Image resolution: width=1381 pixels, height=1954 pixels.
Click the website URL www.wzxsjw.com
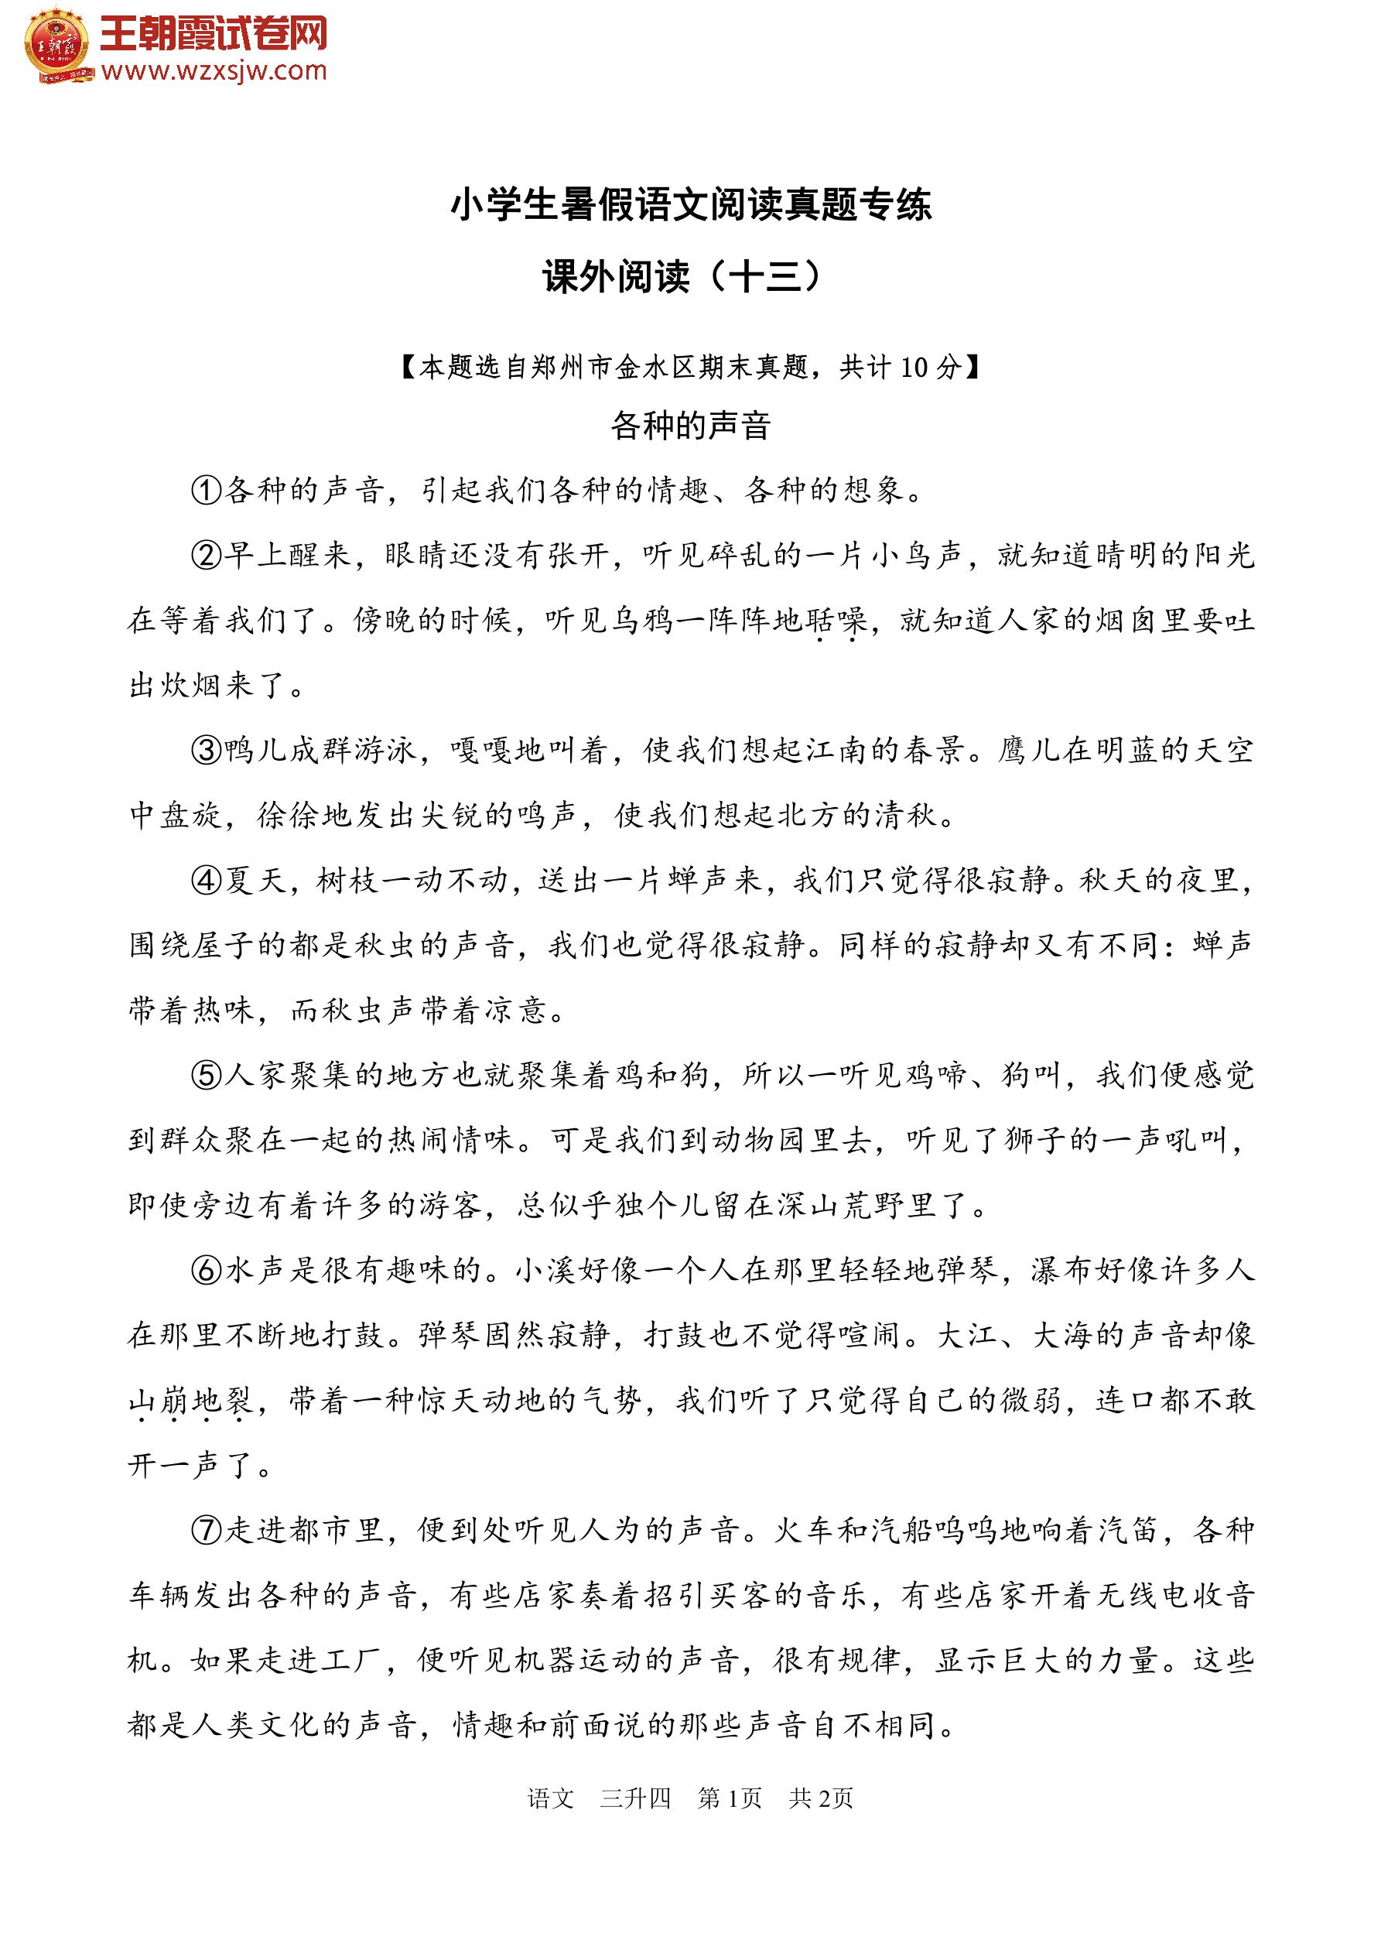click(x=214, y=70)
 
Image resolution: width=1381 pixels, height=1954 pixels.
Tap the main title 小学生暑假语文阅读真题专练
click(x=690, y=205)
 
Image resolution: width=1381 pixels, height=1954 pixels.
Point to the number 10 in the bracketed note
click(x=913, y=367)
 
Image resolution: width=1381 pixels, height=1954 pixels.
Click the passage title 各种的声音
click(x=690, y=426)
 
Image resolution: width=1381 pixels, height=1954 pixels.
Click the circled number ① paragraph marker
click(x=206, y=491)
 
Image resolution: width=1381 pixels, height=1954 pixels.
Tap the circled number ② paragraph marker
click(x=206, y=556)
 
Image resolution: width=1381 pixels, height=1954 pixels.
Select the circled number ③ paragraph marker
click(x=206, y=751)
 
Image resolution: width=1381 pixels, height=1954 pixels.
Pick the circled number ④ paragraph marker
click(x=206, y=880)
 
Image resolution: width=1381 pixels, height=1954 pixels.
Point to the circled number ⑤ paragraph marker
click(x=206, y=1076)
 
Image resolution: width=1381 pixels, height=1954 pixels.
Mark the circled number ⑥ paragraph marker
click(x=206, y=1271)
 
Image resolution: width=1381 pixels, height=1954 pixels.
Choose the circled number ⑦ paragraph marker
click(x=206, y=1530)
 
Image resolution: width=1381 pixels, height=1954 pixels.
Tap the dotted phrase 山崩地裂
click(x=190, y=1401)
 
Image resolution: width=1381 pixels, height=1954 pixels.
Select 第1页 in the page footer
click(x=730, y=1798)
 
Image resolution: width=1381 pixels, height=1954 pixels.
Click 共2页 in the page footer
click(x=820, y=1798)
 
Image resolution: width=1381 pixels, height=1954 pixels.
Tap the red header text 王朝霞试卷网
click(x=214, y=34)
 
